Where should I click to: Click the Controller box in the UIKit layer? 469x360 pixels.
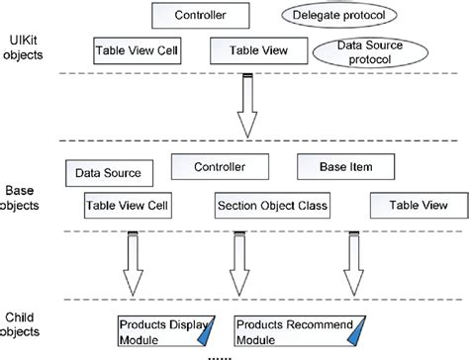pyautogui.click(x=199, y=16)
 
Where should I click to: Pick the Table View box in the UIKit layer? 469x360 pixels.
pyautogui.click(x=250, y=48)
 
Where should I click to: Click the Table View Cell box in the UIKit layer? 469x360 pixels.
pyautogui.click(x=138, y=48)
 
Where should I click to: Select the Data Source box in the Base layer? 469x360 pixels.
pyautogui.click(x=108, y=173)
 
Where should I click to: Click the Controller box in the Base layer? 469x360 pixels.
pyautogui.click(x=220, y=166)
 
